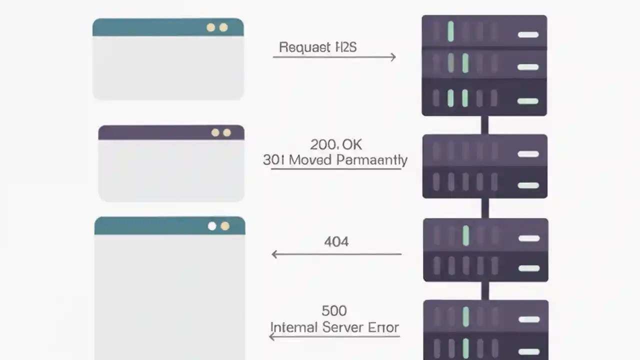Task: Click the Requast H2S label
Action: point(317,47)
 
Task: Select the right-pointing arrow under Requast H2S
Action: point(334,57)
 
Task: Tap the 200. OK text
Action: point(336,144)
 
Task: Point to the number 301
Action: point(274,160)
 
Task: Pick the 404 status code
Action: point(336,242)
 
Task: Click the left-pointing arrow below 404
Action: point(336,254)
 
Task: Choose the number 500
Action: point(334,311)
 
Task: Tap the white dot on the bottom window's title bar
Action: point(212,226)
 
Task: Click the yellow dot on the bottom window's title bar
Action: point(225,226)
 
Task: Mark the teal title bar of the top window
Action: point(150,27)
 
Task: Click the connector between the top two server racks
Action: point(484,125)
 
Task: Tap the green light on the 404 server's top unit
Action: point(466,235)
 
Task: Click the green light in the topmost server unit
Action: point(451,31)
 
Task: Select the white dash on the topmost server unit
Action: point(528,34)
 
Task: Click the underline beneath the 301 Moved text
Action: point(335,169)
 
